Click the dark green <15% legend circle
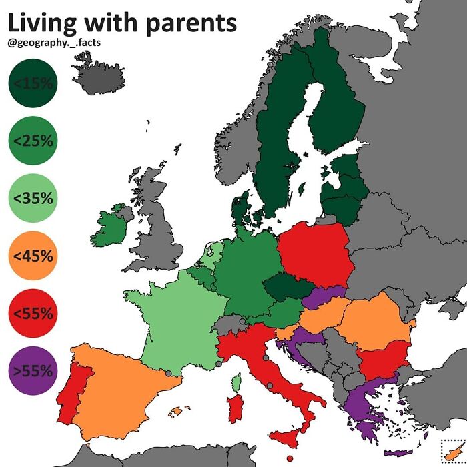[x=32, y=83]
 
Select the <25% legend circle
[x=32, y=140]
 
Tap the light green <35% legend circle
[x=32, y=197]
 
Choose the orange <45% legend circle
[x=32, y=255]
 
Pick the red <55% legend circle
[x=32, y=312]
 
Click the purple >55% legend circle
[x=32, y=370]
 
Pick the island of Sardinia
[x=236, y=408]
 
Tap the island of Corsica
[x=236, y=382]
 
